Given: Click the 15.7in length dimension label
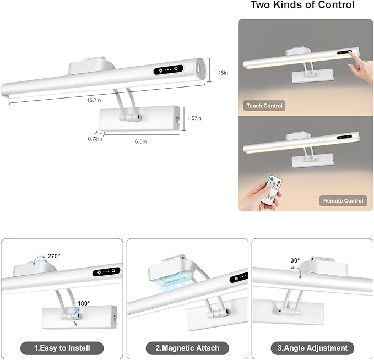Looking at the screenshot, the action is pyautogui.click(x=94, y=100).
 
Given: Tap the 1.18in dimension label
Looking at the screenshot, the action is pyautogui.click(x=221, y=73).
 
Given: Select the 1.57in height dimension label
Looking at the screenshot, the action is pyautogui.click(x=194, y=118).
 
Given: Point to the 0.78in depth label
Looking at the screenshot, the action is pyautogui.click(x=95, y=139).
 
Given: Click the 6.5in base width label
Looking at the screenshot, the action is pyautogui.click(x=140, y=141).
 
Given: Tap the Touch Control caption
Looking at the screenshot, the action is pyautogui.click(x=264, y=106).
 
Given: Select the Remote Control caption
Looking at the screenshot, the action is pyautogui.click(x=343, y=201).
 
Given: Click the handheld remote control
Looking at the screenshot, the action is pyautogui.click(x=272, y=190).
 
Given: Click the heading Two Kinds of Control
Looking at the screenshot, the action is pyautogui.click(x=302, y=5).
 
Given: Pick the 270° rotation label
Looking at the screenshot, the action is pyautogui.click(x=54, y=256).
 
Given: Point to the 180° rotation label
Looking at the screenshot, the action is pyautogui.click(x=84, y=303).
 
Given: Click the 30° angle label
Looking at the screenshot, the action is pyautogui.click(x=295, y=260).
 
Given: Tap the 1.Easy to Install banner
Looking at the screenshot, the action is pyautogui.click(x=62, y=348).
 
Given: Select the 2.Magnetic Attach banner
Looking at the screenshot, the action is pyautogui.click(x=187, y=348).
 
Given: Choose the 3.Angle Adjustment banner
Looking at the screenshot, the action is pyautogui.click(x=312, y=348).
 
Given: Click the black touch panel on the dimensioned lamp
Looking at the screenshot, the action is pyautogui.click(x=169, y=69).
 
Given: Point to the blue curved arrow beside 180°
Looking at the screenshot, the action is pyautogui.click(x=77, y=317).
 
